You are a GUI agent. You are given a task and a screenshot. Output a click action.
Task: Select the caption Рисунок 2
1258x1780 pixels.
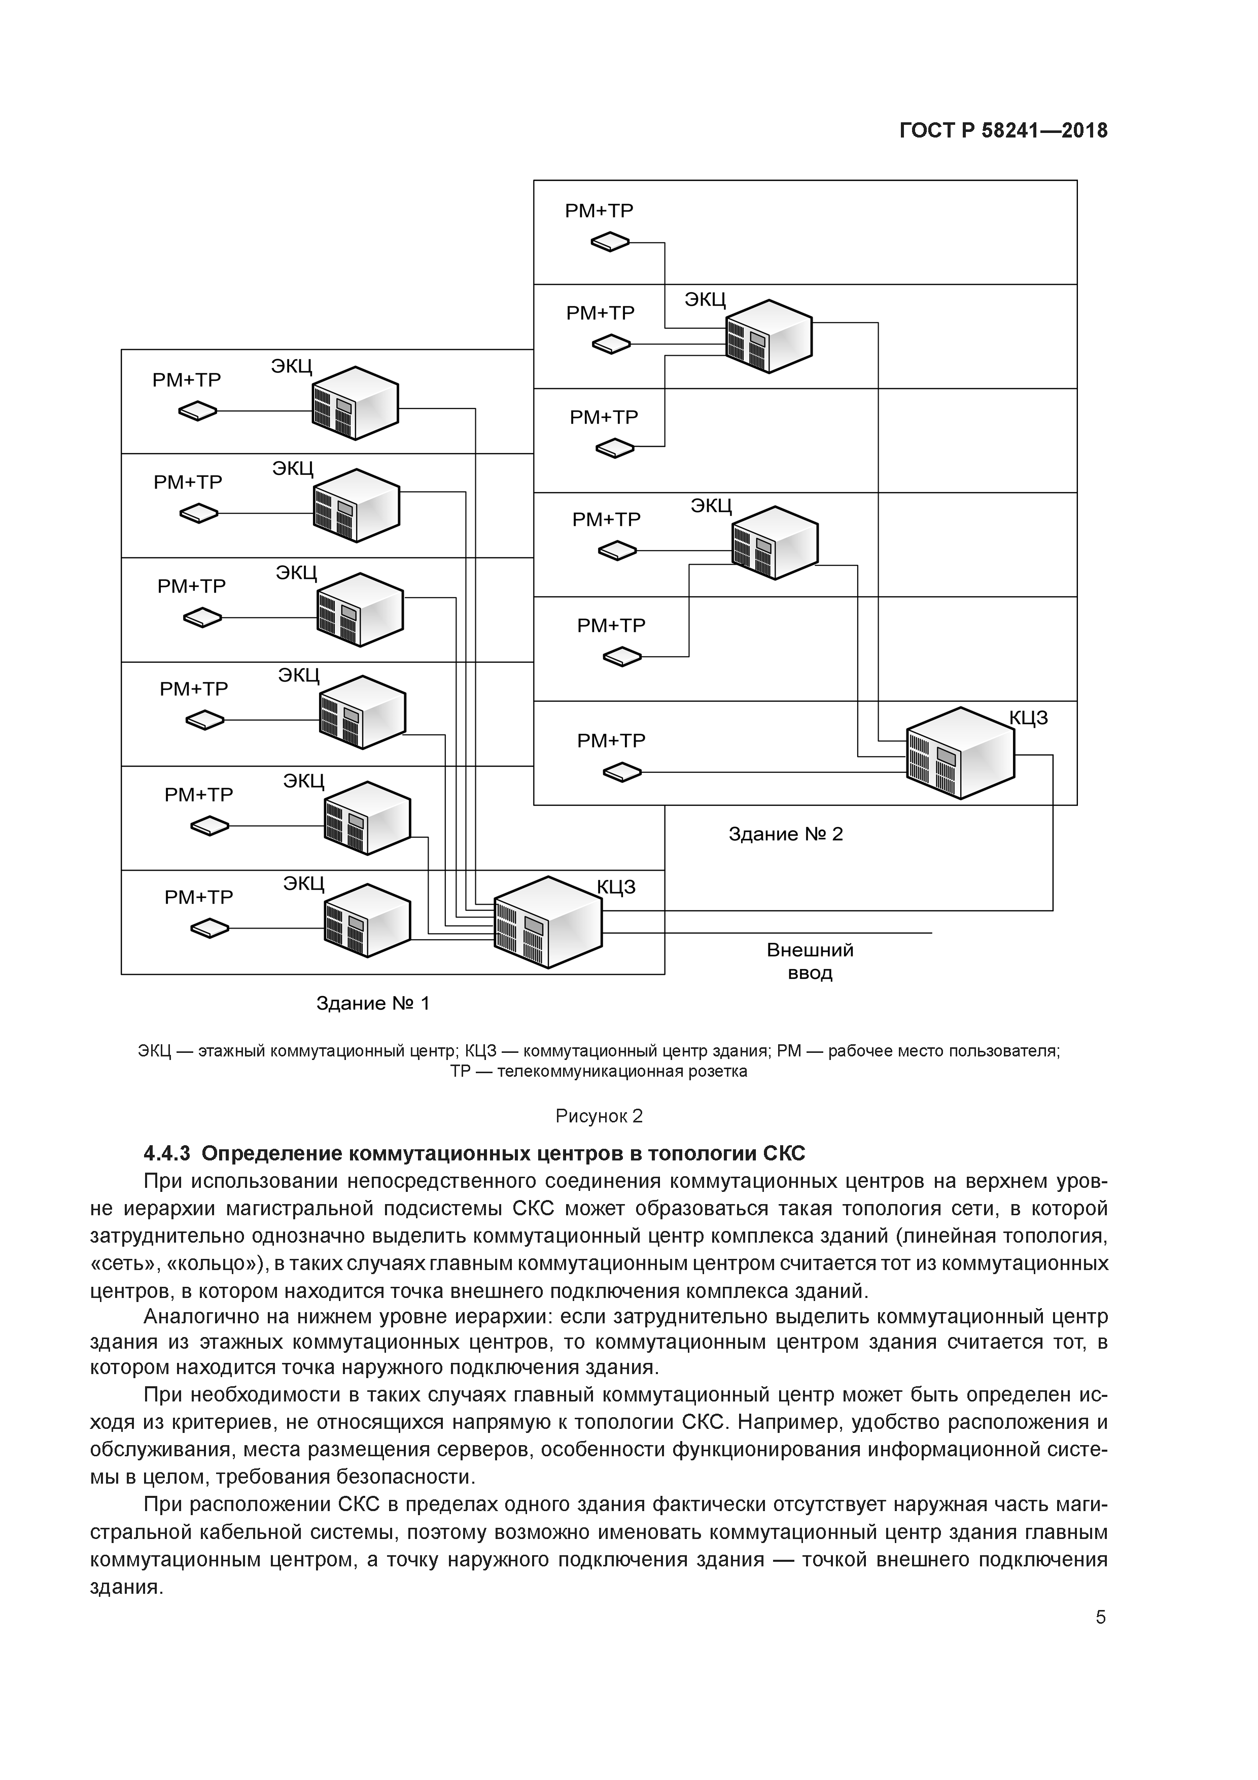599,1116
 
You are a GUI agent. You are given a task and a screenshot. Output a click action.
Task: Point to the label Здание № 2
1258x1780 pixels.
785,834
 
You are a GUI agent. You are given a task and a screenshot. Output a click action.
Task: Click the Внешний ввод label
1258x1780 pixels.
810,962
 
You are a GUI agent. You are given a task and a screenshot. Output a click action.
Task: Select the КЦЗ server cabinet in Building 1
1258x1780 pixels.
548,922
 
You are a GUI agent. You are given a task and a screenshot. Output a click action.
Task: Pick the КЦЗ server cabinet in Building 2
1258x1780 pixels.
960,753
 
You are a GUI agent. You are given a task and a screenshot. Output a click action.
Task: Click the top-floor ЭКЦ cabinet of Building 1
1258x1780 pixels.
355,403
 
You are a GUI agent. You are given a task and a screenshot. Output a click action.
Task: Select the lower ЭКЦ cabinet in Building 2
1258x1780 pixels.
775,543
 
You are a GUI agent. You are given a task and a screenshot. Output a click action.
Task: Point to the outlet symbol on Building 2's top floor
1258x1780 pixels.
611,243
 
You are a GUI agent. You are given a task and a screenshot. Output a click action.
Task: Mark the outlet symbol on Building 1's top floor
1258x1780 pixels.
198,411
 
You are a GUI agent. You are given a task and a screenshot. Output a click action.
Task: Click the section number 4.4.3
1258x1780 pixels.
167,1153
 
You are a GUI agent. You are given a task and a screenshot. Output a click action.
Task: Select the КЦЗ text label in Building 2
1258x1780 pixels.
1029,718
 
